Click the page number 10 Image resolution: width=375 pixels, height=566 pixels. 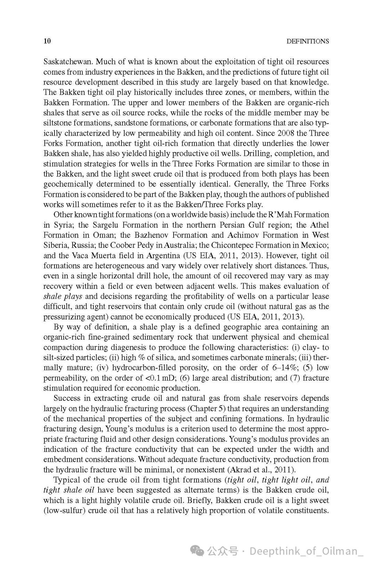(x=47, y=41)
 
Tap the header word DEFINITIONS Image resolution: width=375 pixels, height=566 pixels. (x=307, y=41)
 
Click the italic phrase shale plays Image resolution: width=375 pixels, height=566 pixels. (x=62, y=296)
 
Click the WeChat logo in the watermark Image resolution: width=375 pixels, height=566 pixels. (x=198, y=551)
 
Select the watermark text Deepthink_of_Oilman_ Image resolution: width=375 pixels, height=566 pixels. (x=306, y=551)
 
